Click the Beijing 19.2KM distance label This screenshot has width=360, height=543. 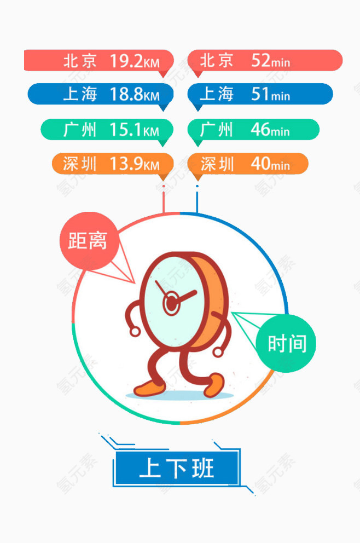click(98, 61)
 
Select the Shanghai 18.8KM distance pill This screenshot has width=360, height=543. click(100, 94)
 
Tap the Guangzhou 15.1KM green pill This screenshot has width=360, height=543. click(107, 130)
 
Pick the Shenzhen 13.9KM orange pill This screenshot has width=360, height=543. click(113, 164)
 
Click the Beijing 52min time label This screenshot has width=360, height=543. click(265, 61)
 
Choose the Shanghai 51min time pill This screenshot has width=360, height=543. click(260, 94)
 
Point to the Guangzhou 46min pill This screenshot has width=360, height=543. click(253, 130)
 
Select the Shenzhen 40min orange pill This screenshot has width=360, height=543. click(247, 164)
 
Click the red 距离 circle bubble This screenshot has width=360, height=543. click(89, 241)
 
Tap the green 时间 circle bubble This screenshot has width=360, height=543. click(286, 344)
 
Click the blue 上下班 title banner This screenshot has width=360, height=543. click(177, 468)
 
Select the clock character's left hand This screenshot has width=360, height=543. click(135, 332)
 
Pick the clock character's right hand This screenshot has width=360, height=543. click(218, 352)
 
